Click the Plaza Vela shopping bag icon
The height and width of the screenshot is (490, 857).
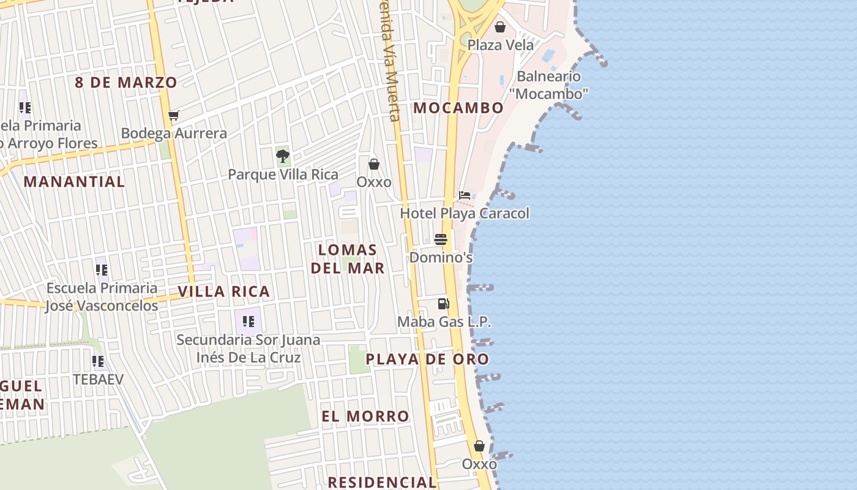click(500, 27)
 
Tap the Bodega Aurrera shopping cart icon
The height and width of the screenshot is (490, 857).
click(174, 115)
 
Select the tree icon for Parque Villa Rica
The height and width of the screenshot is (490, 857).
click(282, 156)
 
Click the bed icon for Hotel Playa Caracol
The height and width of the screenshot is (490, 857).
click(465, 196)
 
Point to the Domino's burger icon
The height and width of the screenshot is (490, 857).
click(441, 239)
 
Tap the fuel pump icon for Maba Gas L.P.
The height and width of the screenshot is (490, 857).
click(444, 303)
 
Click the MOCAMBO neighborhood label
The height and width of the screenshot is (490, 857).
click(458, 108)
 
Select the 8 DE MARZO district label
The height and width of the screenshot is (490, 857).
click(126, 83)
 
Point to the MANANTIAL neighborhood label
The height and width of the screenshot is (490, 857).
click(74, 182)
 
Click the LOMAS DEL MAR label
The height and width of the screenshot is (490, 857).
click(348, 258)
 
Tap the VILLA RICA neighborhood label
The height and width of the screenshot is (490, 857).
click(224, 292)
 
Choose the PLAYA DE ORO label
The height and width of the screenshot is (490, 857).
click(427, 360)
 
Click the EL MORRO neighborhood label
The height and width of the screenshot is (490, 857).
click(365, 417)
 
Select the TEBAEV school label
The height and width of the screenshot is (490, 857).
click(98, 379)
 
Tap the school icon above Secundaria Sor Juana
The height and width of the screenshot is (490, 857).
click(248, 321)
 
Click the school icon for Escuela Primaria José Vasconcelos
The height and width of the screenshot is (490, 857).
click(102, 269)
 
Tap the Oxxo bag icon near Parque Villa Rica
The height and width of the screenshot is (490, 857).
click(374, 164)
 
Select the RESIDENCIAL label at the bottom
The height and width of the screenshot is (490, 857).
click(382, 482)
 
